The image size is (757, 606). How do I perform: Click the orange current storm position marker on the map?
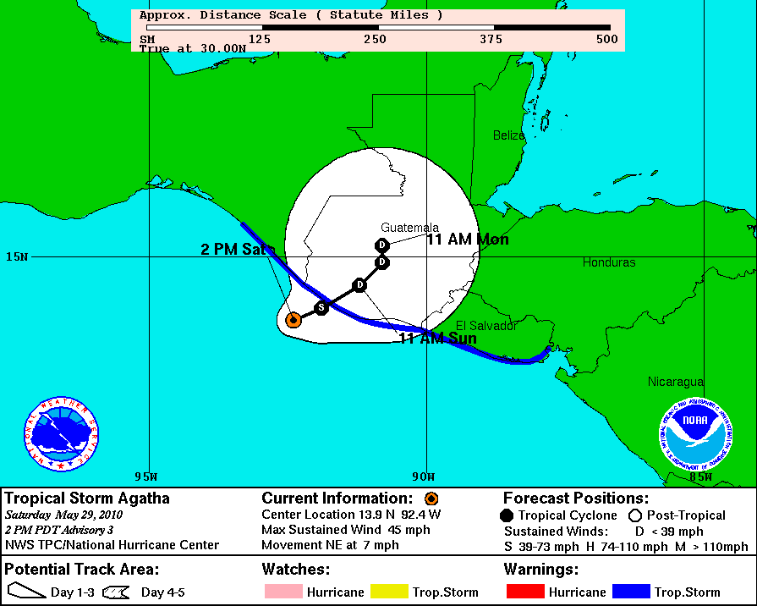click(x=293, y=319)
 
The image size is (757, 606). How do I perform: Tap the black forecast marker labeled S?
click(x=321, y=307)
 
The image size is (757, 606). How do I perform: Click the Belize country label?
click(x=509, y=135)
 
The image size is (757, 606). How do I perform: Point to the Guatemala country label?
click(x=409, y=228)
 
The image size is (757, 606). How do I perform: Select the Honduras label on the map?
click(x=609, y=262)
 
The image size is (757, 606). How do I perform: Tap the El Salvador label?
click(x=486, y=326)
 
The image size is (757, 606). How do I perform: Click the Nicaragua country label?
click(x=676, y=382)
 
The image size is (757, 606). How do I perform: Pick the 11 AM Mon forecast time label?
click(x=468, y=240)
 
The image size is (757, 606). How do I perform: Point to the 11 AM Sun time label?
click(x=438, y=339)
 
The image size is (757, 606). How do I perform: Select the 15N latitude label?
click(x=14, y=256)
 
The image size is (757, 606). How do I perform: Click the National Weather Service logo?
click(x=61, y=433)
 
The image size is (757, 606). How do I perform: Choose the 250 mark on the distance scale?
click(x=375, y=39)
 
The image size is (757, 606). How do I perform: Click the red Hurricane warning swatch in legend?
click(x=524, y=592)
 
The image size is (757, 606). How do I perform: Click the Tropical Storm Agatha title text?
click(x=87, y=498)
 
